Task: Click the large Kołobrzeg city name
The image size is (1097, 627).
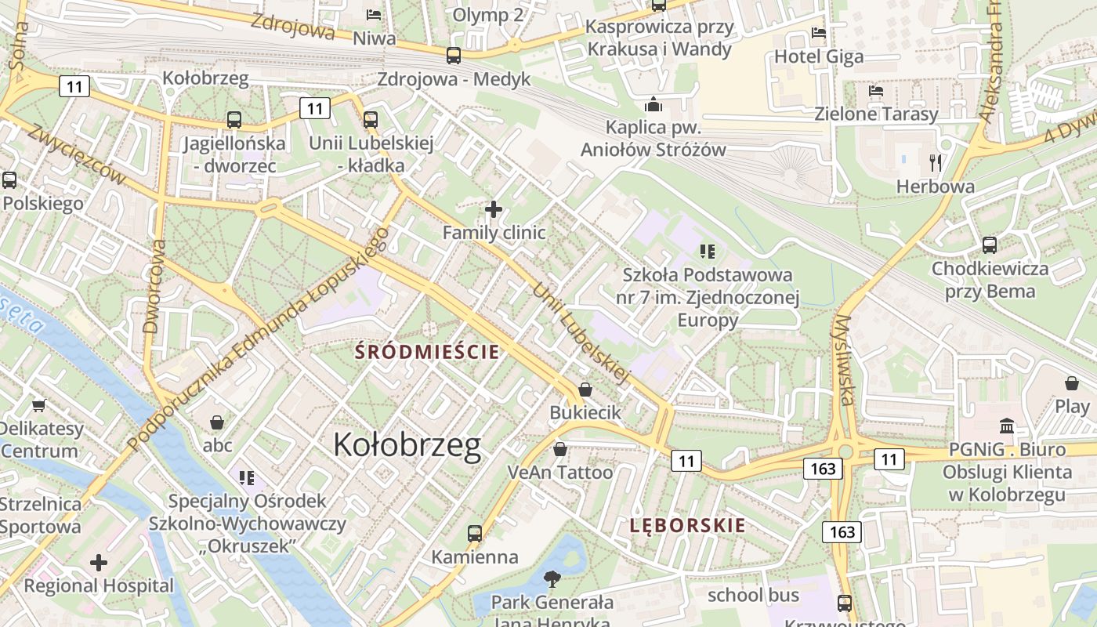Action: point(407,444)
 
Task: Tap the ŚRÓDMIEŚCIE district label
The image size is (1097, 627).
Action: point(427,351)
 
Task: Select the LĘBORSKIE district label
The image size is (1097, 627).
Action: point(688,525)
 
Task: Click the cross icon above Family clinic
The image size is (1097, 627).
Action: point(494,209)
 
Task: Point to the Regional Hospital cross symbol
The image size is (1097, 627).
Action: point(99,563)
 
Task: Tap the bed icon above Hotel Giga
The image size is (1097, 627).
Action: point(819,33)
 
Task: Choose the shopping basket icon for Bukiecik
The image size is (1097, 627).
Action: point(585,390)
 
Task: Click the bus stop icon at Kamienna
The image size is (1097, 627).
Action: point(474,534)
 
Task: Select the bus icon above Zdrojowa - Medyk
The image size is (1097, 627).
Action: point(454,56)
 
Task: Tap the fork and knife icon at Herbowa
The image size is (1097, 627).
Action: point(935,163)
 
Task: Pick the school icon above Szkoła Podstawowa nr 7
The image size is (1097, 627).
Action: point(708,252)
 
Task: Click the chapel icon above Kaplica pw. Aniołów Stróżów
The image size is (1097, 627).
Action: point(653,104)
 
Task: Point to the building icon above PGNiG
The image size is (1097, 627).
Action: point(1007,426)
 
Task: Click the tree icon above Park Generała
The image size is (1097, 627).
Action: point(552,579)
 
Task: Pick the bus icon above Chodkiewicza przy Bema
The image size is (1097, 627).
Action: point(990,245)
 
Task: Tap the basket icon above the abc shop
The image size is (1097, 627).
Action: point(217,422)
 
